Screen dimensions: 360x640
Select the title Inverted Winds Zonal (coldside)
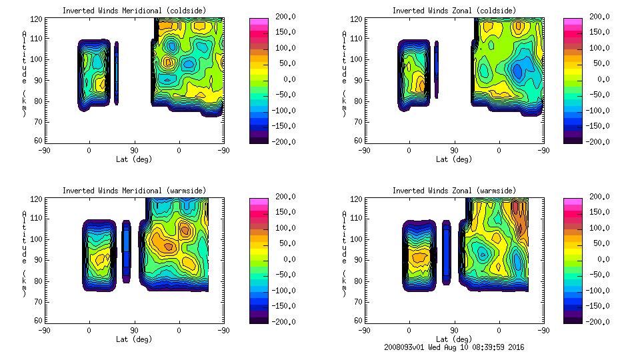453,11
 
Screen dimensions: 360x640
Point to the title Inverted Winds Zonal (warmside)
453,191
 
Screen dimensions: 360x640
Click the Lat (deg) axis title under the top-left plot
134,159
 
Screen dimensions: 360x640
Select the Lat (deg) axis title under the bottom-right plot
454,339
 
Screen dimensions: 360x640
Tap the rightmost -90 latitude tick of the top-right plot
543,151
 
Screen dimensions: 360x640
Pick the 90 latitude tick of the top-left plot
134,151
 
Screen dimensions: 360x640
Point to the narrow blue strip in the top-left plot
116,73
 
